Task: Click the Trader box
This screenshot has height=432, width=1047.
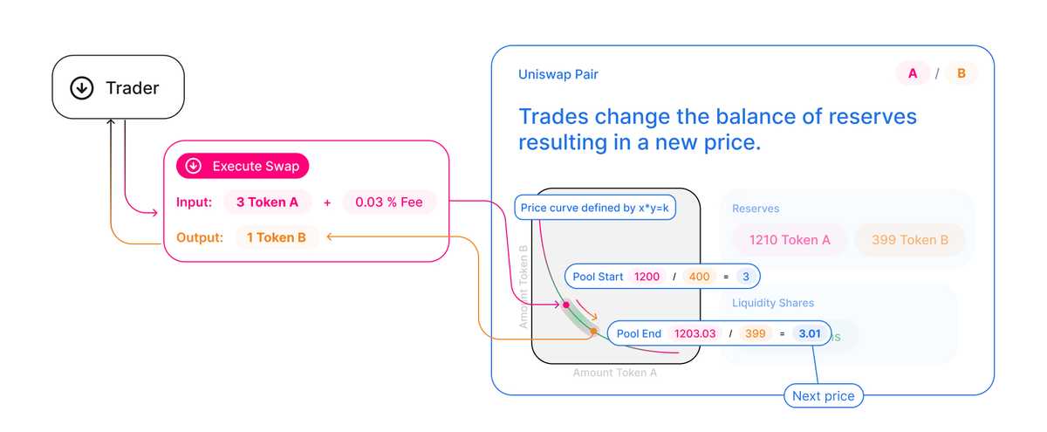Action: click(118, 87)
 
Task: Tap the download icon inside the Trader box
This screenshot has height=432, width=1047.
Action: click(82, 87)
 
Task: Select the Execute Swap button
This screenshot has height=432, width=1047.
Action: click(243, 166)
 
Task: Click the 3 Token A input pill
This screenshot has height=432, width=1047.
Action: click(268, 202)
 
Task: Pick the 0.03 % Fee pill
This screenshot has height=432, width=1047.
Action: click(388, 202)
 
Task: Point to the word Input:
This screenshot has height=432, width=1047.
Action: click(194, 202)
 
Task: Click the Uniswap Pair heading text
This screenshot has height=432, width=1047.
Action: click(558, 74)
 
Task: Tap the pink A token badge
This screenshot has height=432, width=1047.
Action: click(913, 73)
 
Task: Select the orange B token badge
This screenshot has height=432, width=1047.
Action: click(961, 73)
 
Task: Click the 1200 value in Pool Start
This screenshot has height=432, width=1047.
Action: click(647, 277)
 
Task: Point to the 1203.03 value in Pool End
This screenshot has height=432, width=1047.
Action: click(696, 333)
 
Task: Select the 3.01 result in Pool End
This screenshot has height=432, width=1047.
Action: click(810, 333)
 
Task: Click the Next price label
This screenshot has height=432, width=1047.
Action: click(823, 396)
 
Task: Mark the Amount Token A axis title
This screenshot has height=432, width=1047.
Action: click(614, 373)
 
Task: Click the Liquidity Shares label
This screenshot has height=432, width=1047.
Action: click(773, 303)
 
